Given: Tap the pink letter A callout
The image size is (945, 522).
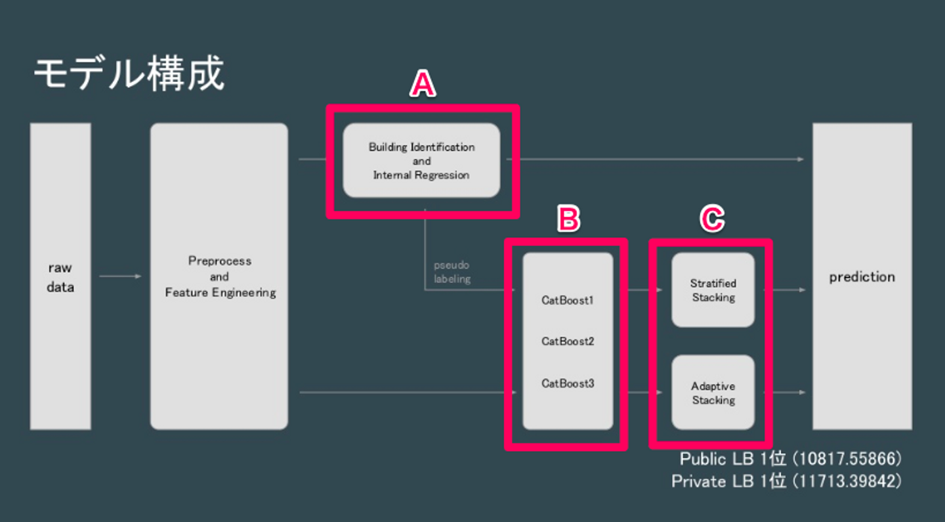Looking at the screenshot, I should coord(423,85).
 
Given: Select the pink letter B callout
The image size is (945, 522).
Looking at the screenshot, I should coord(568,219).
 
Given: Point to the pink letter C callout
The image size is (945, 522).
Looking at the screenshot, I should coord(711,219).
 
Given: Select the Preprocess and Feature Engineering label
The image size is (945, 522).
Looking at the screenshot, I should coord(220,276).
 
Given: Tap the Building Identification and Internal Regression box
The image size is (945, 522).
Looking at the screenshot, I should coord(421,161).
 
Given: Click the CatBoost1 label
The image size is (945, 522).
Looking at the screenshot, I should coord(568,301).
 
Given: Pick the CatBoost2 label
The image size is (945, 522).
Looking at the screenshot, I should coord(568,341).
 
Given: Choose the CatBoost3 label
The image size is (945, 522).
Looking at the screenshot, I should coord(568,383).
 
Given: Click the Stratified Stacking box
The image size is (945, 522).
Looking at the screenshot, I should coord(713,290).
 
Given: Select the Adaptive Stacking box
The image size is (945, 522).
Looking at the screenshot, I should coord(713,393).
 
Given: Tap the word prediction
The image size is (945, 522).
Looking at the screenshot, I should coord(862,276).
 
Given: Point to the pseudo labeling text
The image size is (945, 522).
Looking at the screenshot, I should coord(451,272).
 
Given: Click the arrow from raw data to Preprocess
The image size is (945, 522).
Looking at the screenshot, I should coord(121,276).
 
